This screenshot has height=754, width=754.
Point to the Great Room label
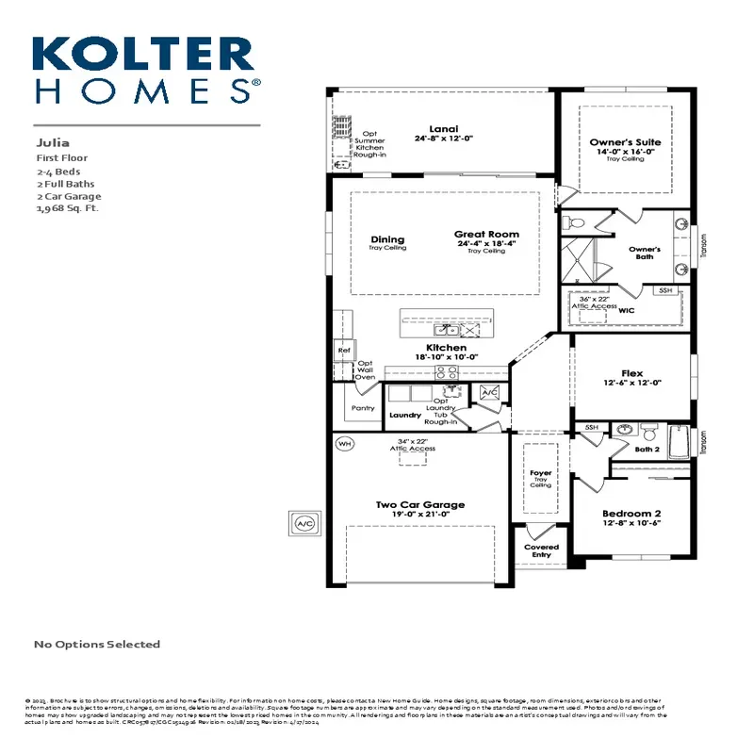[485, 234]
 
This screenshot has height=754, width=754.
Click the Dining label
[387, 239]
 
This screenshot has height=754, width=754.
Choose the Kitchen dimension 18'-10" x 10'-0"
[447, 357]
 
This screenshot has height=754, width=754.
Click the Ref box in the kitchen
[343, 351]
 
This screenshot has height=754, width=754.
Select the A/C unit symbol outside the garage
[304, 522]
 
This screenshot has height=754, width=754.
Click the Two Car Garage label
[420, 505]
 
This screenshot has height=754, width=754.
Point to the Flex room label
[632, 373]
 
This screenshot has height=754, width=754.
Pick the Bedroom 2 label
[631, 515]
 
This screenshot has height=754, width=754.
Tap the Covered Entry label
[541, 550]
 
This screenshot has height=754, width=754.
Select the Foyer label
[540, 473]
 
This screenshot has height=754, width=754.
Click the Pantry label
[363, 408]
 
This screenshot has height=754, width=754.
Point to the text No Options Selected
[97, 645]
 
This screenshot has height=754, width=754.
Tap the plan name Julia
[53, 143]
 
